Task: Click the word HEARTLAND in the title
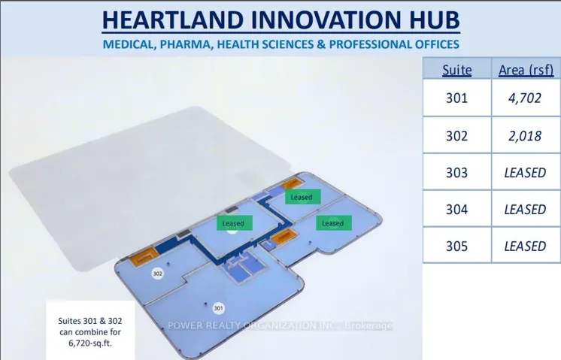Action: (173, 20)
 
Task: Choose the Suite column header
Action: (457, 70)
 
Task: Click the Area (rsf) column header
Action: (526, 70)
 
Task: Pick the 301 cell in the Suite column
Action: (457, 98)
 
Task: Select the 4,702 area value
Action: (525, 98)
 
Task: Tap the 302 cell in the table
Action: (457, 136)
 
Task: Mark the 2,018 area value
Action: (525, 136)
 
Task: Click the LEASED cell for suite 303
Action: (525, 173)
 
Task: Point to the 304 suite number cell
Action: (457, 210)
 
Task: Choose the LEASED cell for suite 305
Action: (525, 247)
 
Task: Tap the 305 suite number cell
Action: (457, 247)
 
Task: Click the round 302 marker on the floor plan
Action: (157, 274)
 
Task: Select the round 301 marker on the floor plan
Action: (218, 308)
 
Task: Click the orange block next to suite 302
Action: (144, 256)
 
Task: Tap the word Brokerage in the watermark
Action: (368, 325)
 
